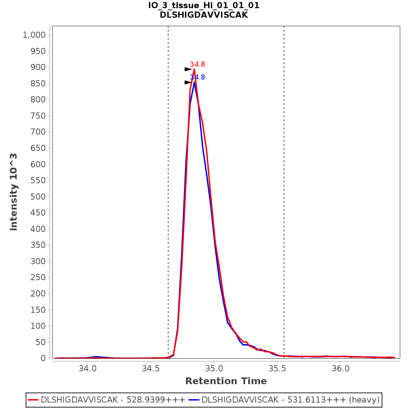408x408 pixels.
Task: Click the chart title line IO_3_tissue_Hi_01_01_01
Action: tap(204, 5)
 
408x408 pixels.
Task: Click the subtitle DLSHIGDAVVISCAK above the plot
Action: tap(204, 15)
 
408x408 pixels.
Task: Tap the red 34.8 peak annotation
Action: tap(197, 64)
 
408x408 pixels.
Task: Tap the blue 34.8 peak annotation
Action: tap(197, 77)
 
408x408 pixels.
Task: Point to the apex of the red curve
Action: tap(194, 69)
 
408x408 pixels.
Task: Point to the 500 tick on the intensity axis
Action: tap(38, 197)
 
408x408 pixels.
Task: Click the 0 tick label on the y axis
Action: tap(43, 358)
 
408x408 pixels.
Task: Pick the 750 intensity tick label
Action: tap(38, 116)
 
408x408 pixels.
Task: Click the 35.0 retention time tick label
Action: tap(214, 368)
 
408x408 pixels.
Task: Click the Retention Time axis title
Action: tap(226, 381)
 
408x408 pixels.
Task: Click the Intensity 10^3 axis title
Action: tap(14, 192)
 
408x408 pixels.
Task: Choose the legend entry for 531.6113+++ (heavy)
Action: tap(290, 400)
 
